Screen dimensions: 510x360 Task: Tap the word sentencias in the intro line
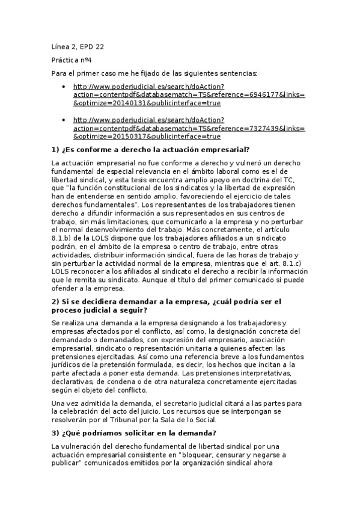tap(238, 73)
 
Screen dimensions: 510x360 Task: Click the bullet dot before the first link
tap(64, 87)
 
